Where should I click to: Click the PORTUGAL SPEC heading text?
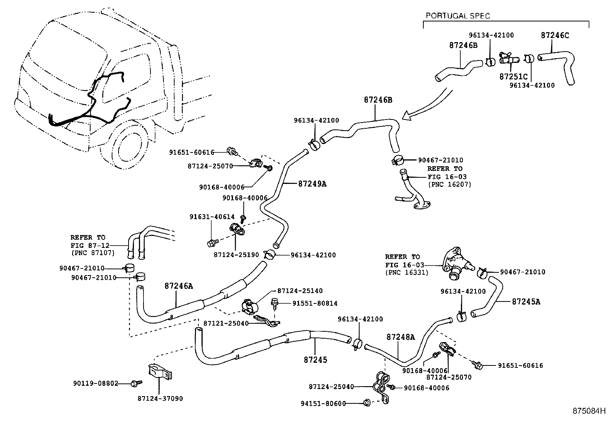(x=458, y=16)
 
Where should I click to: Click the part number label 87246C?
(x=555, y=35)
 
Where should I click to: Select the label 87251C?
(x=514, y=77)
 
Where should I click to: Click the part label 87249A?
(x=312, y=183)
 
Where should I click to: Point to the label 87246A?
(x=179, y=286)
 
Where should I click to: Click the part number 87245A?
(x=526, y=301)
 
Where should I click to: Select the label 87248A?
(x=401, y=337)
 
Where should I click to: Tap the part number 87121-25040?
(x=226, y=323)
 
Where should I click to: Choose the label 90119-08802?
(x=96, y=383)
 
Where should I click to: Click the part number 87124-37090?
(x=160, y=398)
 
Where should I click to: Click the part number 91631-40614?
(x=212, y=217)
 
